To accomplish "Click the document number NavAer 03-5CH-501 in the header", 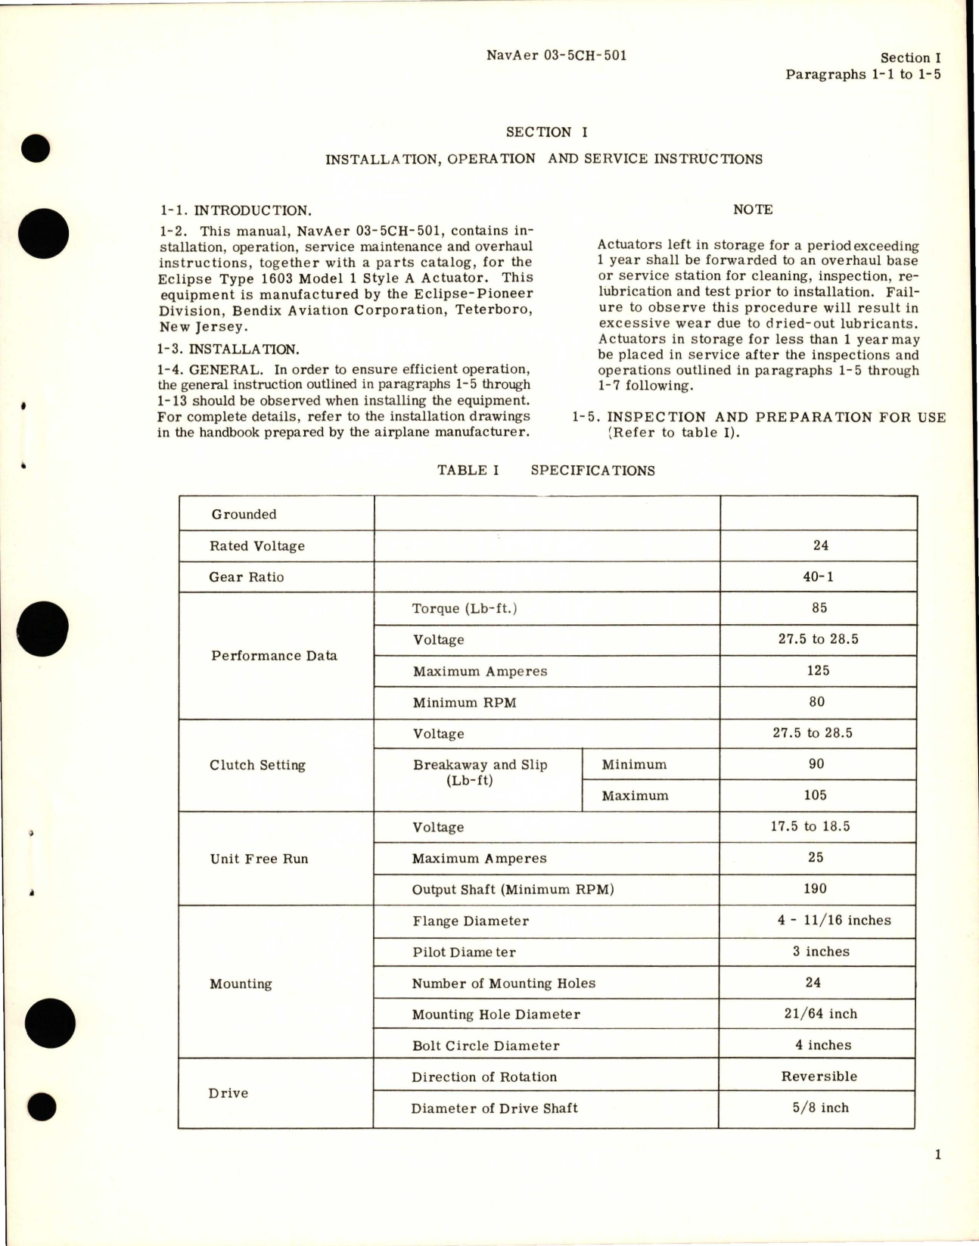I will coord(556,55).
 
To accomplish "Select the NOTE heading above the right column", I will coord(753,210).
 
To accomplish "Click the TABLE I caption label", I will coord(468,470).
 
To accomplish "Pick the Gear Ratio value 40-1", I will coord(818,576).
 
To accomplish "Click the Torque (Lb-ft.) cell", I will coord(465,608).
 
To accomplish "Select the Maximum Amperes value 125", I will coord(818,670).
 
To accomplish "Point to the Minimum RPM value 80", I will coord(817,702).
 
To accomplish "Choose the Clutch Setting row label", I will coord(257,765).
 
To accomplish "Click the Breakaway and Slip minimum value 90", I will coord(816,764).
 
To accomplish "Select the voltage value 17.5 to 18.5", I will coord(810,826).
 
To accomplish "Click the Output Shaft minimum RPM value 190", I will coord(815,889).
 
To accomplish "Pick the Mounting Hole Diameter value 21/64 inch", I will coord(821,1014).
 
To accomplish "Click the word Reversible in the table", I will coord(819,1077).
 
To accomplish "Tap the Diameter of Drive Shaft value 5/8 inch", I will coord(821,1108).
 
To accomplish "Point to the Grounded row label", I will coord(244,514).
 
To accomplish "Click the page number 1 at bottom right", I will coord(938,1154).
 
